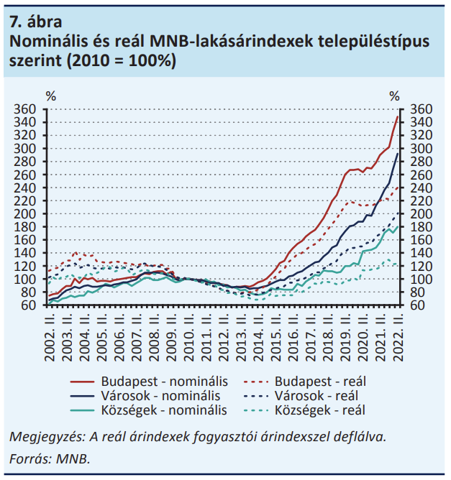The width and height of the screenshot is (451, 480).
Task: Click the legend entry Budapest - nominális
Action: coord(149,382)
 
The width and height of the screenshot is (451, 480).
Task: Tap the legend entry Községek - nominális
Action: coord(149,410)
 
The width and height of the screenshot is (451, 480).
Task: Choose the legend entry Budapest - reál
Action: coord(305,382)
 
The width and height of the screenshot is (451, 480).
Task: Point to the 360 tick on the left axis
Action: coord(25,109)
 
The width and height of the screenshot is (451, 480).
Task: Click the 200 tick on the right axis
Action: coord(422,214)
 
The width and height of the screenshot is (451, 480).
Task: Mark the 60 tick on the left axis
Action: coord(29,305)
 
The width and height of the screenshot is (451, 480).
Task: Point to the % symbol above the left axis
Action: coord(51,96)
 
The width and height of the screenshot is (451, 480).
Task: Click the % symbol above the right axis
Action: coord(395,96)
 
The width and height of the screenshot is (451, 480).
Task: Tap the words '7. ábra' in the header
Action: coord(36,22)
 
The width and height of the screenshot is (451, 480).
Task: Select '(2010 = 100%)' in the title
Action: coord(122,60)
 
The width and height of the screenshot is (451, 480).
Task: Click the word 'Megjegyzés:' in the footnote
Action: coord(47,437)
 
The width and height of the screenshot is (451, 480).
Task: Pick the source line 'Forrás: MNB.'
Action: coord(50,458)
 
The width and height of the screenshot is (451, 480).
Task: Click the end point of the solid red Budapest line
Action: coord(397,116)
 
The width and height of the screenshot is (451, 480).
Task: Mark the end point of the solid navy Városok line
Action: coord(397,154)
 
